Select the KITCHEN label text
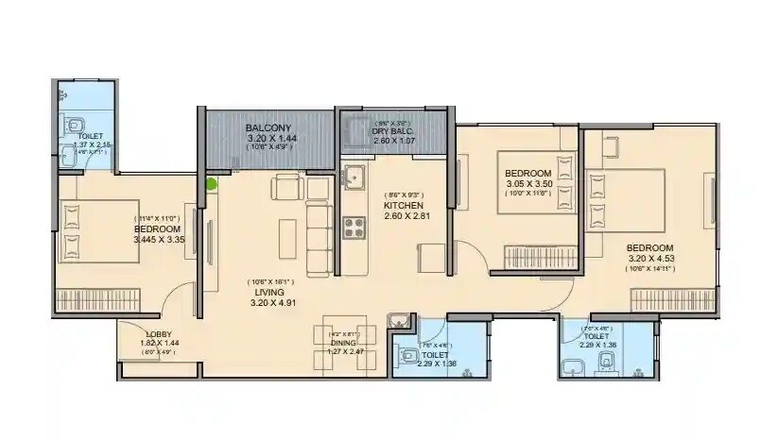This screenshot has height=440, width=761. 403,205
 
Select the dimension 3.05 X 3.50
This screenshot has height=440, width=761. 528,183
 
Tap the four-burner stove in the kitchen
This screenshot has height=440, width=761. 354,227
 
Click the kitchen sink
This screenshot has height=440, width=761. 355,176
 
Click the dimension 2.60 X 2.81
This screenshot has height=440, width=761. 403,215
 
